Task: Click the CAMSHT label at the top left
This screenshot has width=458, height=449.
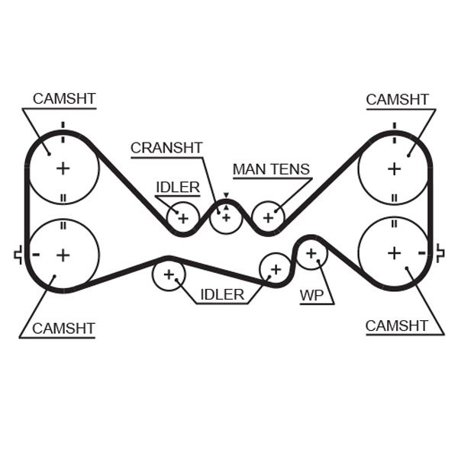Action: click(64, 99)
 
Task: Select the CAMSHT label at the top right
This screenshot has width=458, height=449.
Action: click(397, 99)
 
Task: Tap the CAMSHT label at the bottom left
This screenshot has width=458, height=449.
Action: click(63, 329)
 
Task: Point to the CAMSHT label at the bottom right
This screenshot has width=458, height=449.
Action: click(396, 326)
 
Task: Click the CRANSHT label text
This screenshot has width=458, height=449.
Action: click(166, 148)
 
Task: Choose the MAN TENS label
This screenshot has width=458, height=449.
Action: click(271, 168)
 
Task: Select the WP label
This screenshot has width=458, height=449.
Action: click(311, 295)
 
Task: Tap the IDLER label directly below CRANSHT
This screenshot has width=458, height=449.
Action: click(178, 187)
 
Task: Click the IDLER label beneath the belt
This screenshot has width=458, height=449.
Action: click(222, 294)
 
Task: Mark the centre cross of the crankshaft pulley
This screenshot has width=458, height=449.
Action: click(225, 217)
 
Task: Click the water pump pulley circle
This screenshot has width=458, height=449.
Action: click(311, 252)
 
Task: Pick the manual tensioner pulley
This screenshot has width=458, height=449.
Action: click(268, 217)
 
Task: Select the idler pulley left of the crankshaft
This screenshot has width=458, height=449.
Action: click(182, 218)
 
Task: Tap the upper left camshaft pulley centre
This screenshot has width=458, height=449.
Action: click(63, 168)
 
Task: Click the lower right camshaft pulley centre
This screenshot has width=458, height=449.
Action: click(394, 252)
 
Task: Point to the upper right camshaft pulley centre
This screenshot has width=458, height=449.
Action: click(394, 168)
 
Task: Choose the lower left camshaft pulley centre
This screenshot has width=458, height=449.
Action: click(63, 254)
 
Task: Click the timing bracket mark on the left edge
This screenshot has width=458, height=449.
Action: click(18, 255)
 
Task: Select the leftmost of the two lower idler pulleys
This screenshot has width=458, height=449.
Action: click(169, 274)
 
